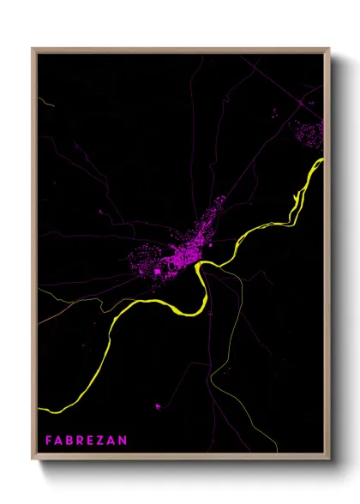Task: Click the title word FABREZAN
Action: pos(87,441)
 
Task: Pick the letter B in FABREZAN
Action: pos(70,441)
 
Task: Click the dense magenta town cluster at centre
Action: pos(176,249)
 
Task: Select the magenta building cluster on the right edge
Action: pos(310,132)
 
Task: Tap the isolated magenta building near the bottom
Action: pos(157,405)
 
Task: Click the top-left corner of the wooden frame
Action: pos(33,49)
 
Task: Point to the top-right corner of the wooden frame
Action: pos(329,49)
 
